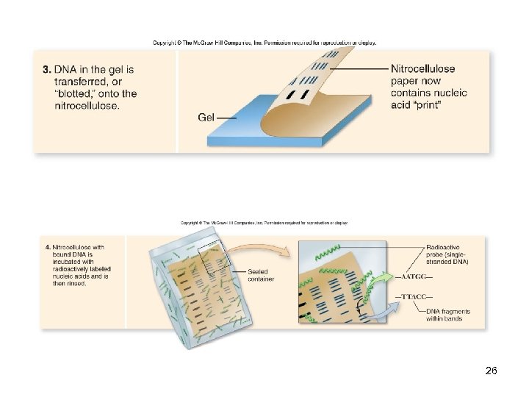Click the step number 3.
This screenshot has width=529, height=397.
46,70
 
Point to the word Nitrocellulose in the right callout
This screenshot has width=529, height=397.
422,69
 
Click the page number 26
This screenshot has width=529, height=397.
492,371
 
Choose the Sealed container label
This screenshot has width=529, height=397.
261,275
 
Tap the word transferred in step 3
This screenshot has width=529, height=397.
85,82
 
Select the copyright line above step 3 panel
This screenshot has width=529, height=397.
264,43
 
